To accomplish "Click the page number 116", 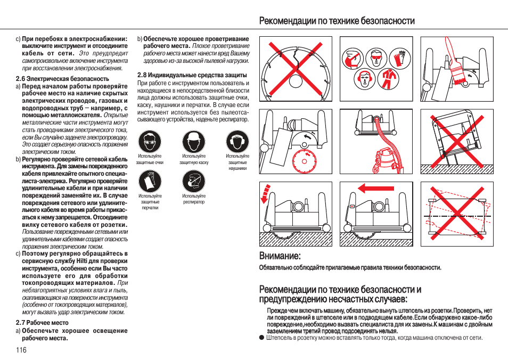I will [x=21, y=350].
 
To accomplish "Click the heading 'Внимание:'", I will [x=280, y=257].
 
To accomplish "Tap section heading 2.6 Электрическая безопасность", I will [x=62, y=78].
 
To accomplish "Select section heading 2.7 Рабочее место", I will [x=42, y=323].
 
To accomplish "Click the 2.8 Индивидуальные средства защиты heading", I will [x=192, y=75].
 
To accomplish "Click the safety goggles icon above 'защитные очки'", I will [x=149, y=142].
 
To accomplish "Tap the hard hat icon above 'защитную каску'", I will [x=193, y=142].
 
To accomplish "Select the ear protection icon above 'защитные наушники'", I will [x=237, y=142].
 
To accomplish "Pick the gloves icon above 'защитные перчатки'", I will [x=149, y=182].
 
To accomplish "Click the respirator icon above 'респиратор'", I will [x=193, y=182].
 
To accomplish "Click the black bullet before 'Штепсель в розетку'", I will [x=261, y=338].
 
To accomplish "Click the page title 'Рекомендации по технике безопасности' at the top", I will [x=337, y=21].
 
